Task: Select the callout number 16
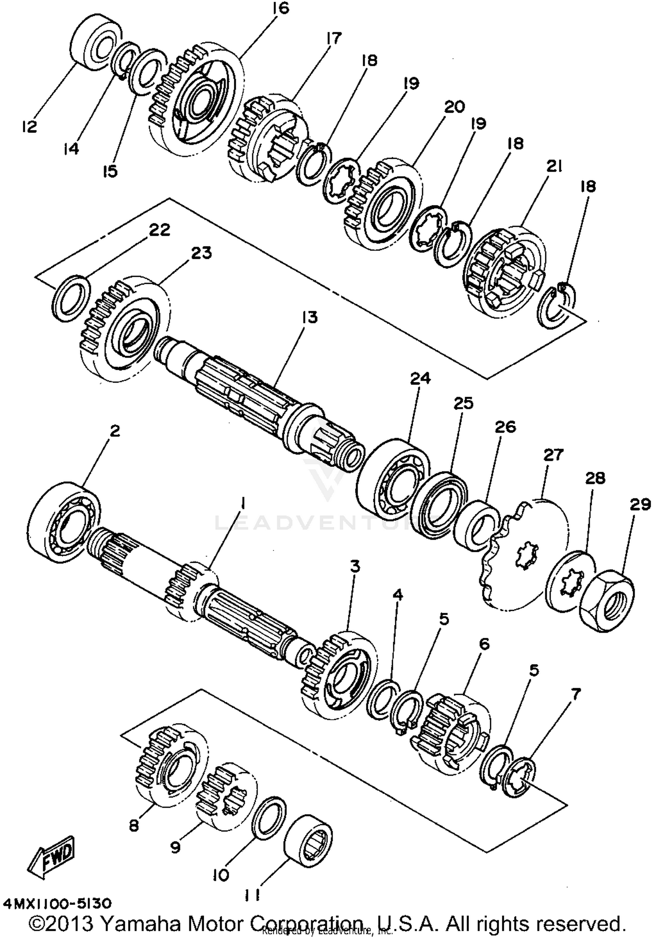tap(281, 8)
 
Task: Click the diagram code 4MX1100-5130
tap(57, 903)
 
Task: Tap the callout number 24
tap(420, 378)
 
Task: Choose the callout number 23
tap(201, 253)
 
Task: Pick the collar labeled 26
tap(477, 526)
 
